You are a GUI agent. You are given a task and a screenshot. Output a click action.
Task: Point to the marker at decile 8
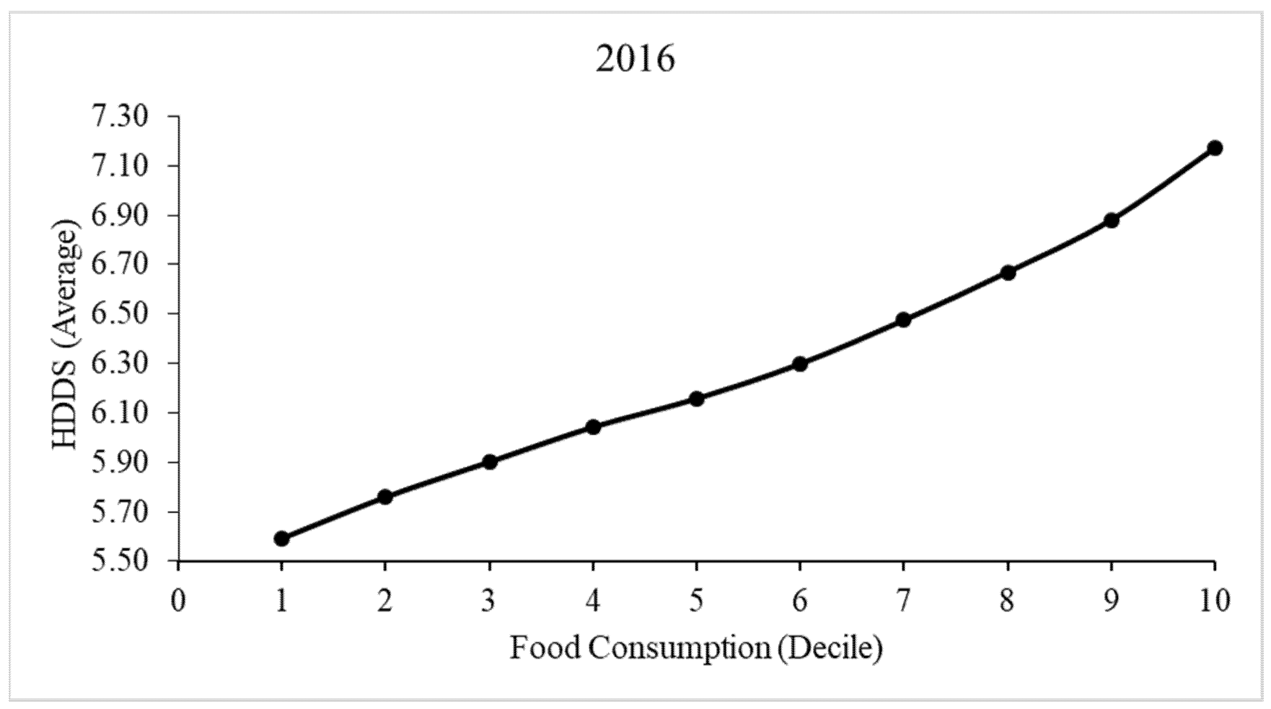1008,272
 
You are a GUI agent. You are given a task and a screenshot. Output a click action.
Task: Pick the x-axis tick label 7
903,602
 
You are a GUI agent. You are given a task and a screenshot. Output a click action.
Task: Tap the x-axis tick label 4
593,602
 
